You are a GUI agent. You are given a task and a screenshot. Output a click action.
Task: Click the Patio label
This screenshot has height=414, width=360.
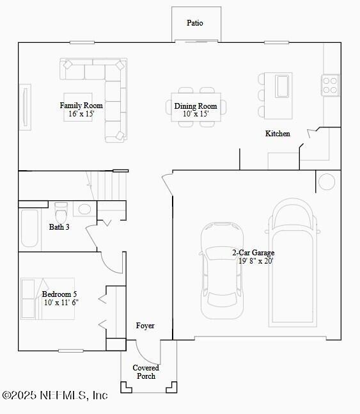(195, 23)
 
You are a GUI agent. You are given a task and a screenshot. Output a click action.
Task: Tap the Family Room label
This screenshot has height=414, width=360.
(81, 106)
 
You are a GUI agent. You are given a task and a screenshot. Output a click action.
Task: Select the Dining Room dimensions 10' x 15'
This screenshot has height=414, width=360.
(196, 114)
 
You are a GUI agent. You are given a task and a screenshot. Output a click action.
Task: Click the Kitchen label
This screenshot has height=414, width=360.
(278, 134)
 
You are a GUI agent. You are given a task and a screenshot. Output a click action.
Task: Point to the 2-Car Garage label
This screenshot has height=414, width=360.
(253, 253)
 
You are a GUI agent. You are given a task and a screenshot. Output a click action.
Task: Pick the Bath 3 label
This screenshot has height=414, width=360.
(59, 227)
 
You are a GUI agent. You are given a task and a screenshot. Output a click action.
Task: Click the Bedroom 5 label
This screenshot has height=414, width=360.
(59, 294)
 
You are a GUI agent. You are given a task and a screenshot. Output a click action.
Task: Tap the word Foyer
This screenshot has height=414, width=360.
(145, 326)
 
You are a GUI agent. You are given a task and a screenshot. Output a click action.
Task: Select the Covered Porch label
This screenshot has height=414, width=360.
(146, 372)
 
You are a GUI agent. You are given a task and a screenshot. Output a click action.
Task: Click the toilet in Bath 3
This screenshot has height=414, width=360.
(61, 212)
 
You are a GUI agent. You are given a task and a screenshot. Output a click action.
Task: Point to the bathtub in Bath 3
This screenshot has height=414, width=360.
(29, 228)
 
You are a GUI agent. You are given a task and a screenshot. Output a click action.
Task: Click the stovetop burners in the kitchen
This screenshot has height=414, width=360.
(329, 85)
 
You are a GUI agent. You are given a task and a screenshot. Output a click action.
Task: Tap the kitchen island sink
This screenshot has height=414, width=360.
(282, 86)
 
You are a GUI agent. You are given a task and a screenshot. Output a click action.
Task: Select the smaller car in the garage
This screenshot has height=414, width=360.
(222, 270)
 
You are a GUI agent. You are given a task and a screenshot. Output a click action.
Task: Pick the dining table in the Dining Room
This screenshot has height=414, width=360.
(196, 107)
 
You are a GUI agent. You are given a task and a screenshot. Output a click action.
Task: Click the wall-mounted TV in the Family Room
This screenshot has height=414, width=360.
(26, 107)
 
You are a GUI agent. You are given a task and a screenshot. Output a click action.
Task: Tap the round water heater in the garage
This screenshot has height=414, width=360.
(327, 182)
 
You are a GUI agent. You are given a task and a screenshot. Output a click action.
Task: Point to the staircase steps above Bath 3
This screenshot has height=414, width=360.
(113, 186)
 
